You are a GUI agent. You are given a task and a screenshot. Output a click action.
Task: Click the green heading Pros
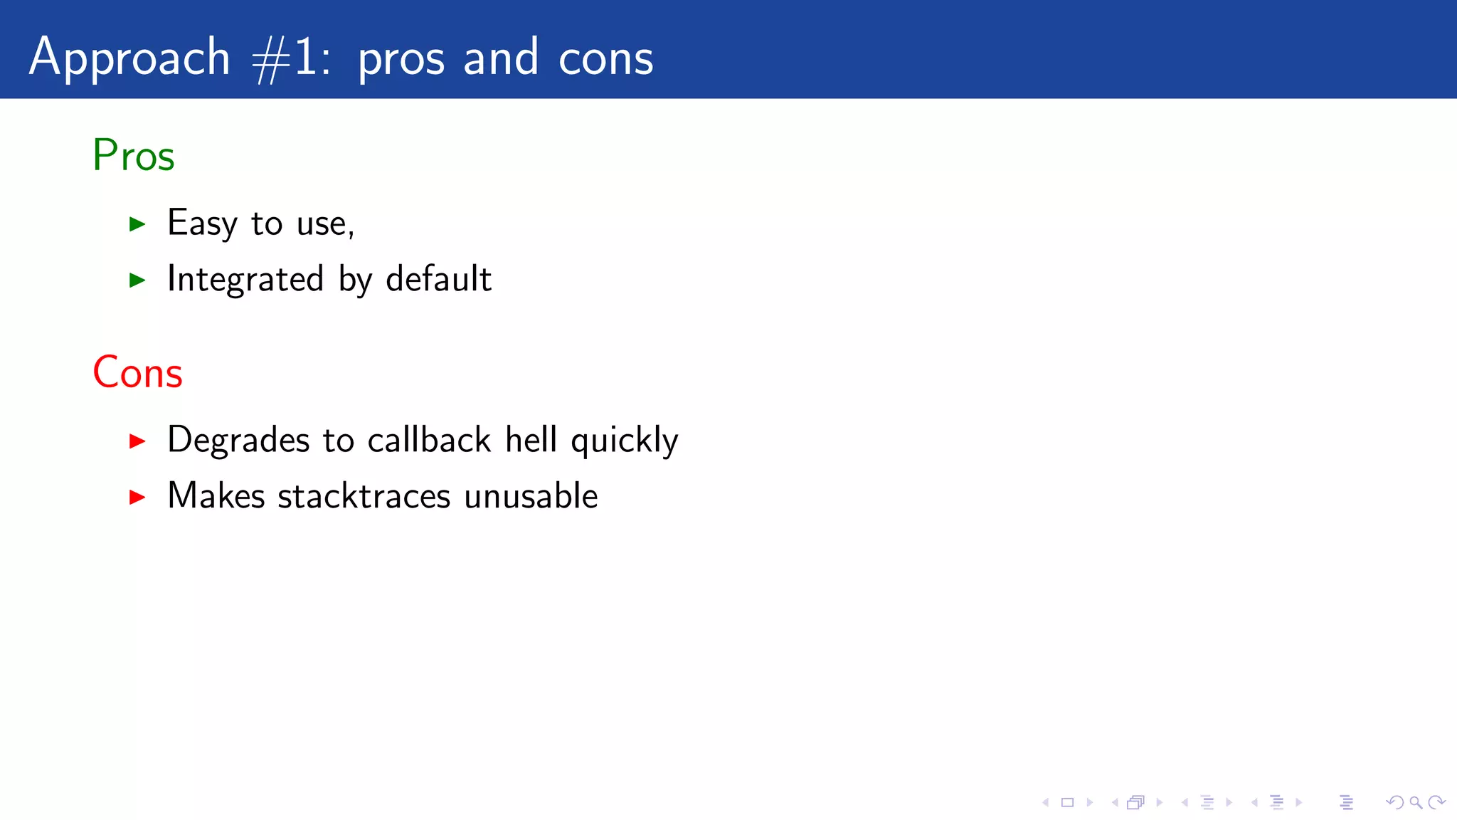(x=133, y=155)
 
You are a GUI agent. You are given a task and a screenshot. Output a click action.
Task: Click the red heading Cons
(x=137, y=372)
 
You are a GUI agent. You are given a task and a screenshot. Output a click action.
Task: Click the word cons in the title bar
(x=605, y=58)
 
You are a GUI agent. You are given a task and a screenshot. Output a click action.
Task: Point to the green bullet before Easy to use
(x=137, y=225)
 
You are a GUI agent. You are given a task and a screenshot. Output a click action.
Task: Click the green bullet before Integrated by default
(x=137, y=280)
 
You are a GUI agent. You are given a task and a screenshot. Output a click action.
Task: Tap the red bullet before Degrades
(x=137, y=441)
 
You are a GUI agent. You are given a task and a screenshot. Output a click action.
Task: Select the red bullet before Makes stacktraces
(x=137, y=497)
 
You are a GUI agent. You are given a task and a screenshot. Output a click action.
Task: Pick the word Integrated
(x=245, y=279)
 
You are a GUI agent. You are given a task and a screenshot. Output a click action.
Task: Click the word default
(x=438, y=279)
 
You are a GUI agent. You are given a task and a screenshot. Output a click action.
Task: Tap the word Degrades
(x=238, y=440)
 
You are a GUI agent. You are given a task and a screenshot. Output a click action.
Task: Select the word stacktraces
(x=364, y=496)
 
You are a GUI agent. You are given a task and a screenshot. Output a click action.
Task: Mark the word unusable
(x=531, y=496)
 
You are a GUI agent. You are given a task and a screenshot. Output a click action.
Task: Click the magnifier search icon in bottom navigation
(x=1416, y=803)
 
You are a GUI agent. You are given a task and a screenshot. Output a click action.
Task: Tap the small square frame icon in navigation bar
(x=1067, y=803)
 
